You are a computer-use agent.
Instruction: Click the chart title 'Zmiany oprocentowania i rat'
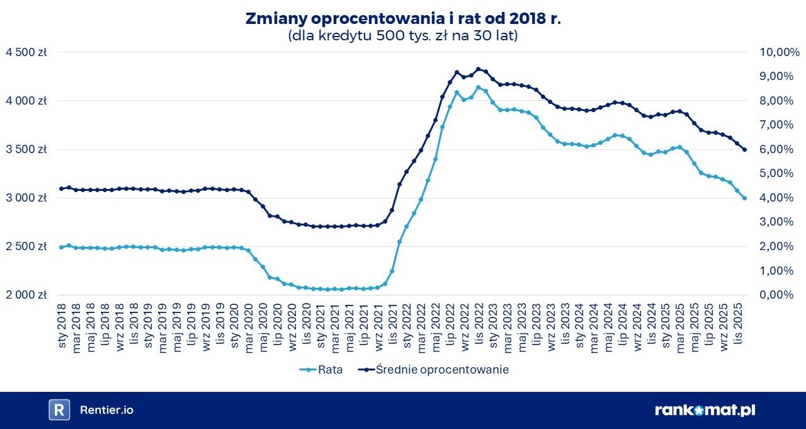click(x=403, y=19)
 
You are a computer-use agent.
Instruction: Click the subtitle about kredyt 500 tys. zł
click(x=403, y=36)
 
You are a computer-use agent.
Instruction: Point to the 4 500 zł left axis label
click(x=26, y=52)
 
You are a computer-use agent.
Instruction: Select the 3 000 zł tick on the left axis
click(x=26, y=198)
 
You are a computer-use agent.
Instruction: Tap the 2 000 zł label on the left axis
click(x=26, y=295)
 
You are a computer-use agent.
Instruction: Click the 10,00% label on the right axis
click(x=771, y=52)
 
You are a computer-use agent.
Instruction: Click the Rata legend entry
click(x=330, y=370)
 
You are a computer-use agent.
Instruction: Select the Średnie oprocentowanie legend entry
click(x=441, y=370)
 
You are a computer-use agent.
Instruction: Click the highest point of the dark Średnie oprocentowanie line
click(x=479, y=69)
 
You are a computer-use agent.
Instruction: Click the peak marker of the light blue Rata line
click(x=479, y=88)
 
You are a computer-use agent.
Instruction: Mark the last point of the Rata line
click(x=744, y=198)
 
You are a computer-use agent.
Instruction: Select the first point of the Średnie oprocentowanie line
click(x=61, y=188)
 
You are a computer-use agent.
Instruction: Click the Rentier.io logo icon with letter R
click(x=59, y=409)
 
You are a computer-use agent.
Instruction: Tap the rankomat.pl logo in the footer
click(x=705, y=410)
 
